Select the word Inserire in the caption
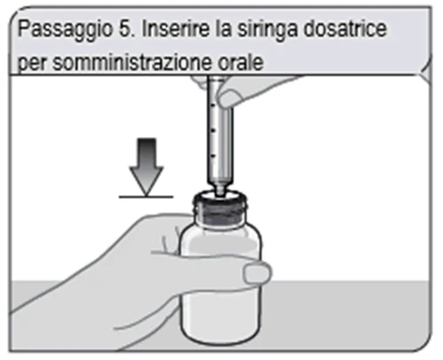tap(175, 28)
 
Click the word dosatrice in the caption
tap(346, 28)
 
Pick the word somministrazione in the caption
tap(132, 62)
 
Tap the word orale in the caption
tap(241, 62)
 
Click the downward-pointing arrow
tap(146, 167)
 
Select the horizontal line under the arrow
tap(146, 197)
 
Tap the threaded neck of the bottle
tap(220, 211)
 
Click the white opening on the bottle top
tap(220, 195)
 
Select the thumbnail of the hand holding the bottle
tap(256, 274)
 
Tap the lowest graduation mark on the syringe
tap(214, 155)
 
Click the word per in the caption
tap(33, 64)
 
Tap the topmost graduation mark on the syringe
tap(213, 105)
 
